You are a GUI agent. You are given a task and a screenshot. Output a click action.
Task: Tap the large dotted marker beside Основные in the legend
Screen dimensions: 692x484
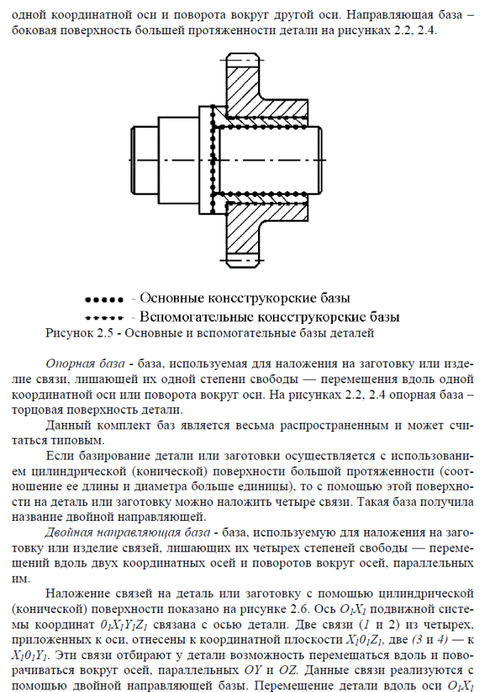tap(104, 297)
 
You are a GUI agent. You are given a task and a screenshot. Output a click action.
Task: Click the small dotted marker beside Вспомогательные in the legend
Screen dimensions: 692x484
tap(104, 316)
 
